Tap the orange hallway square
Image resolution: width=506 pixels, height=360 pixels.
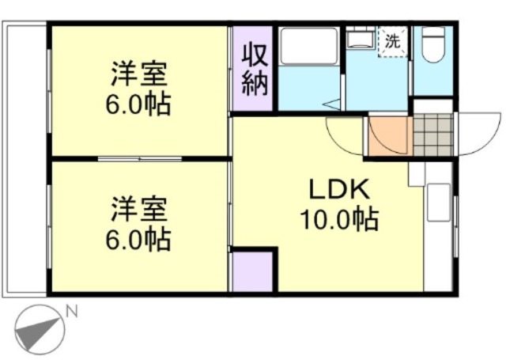click(388, 136)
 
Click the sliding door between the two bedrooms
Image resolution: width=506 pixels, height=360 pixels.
click(141, 160)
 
